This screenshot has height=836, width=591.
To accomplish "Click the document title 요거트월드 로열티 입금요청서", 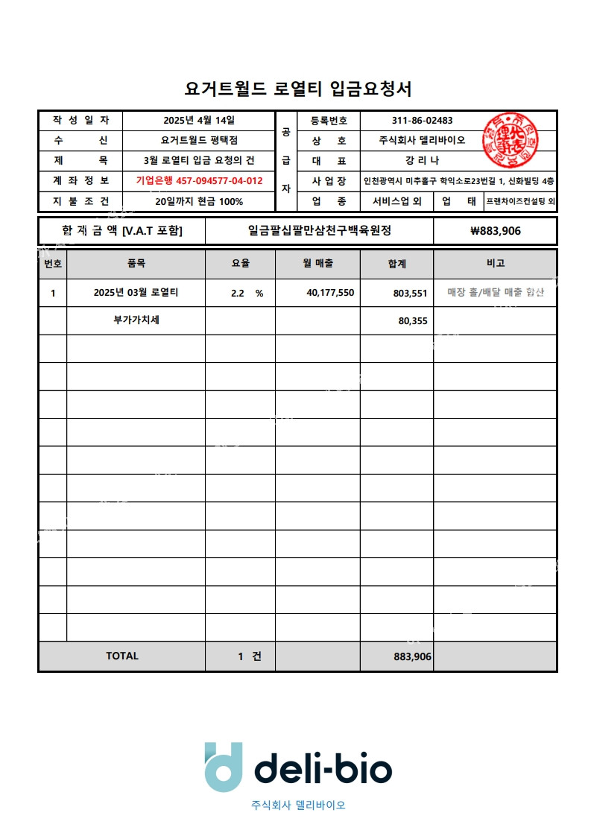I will click(x=298, y=89).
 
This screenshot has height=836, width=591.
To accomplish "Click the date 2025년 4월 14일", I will click(x=199, y=120).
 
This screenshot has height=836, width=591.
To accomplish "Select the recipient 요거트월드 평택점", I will click(x=199, y=140).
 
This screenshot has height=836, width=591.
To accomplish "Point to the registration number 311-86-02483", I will click(x=422, y=121).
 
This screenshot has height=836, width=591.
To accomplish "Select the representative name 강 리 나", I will click(x=422, y=160).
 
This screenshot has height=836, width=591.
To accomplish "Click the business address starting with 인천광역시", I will click(x=458, y=181).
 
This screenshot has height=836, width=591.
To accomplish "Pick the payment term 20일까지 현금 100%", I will click(x=199, y=201).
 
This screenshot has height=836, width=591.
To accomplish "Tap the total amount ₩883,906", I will click(x=496, y=231).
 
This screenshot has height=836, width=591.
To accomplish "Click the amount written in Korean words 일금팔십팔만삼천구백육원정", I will click(x=319, y=231).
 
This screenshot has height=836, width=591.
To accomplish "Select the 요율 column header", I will click(x=240, y=263).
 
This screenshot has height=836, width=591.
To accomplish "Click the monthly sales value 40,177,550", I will click(x=330, y=293).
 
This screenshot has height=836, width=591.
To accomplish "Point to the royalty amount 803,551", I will click(x=410, y=294).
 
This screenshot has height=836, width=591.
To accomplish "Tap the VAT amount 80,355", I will click(x=413, y=321).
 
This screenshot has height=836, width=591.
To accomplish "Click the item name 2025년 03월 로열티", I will click(x=136, y=293).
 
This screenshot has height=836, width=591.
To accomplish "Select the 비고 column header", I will click(x=495, y=263).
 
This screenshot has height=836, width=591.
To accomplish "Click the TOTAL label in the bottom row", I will click(x=122, y=656).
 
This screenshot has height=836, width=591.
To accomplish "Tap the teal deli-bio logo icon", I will click(x=224, y=766).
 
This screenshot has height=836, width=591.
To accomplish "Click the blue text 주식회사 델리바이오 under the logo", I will click(x=298, y=805).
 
